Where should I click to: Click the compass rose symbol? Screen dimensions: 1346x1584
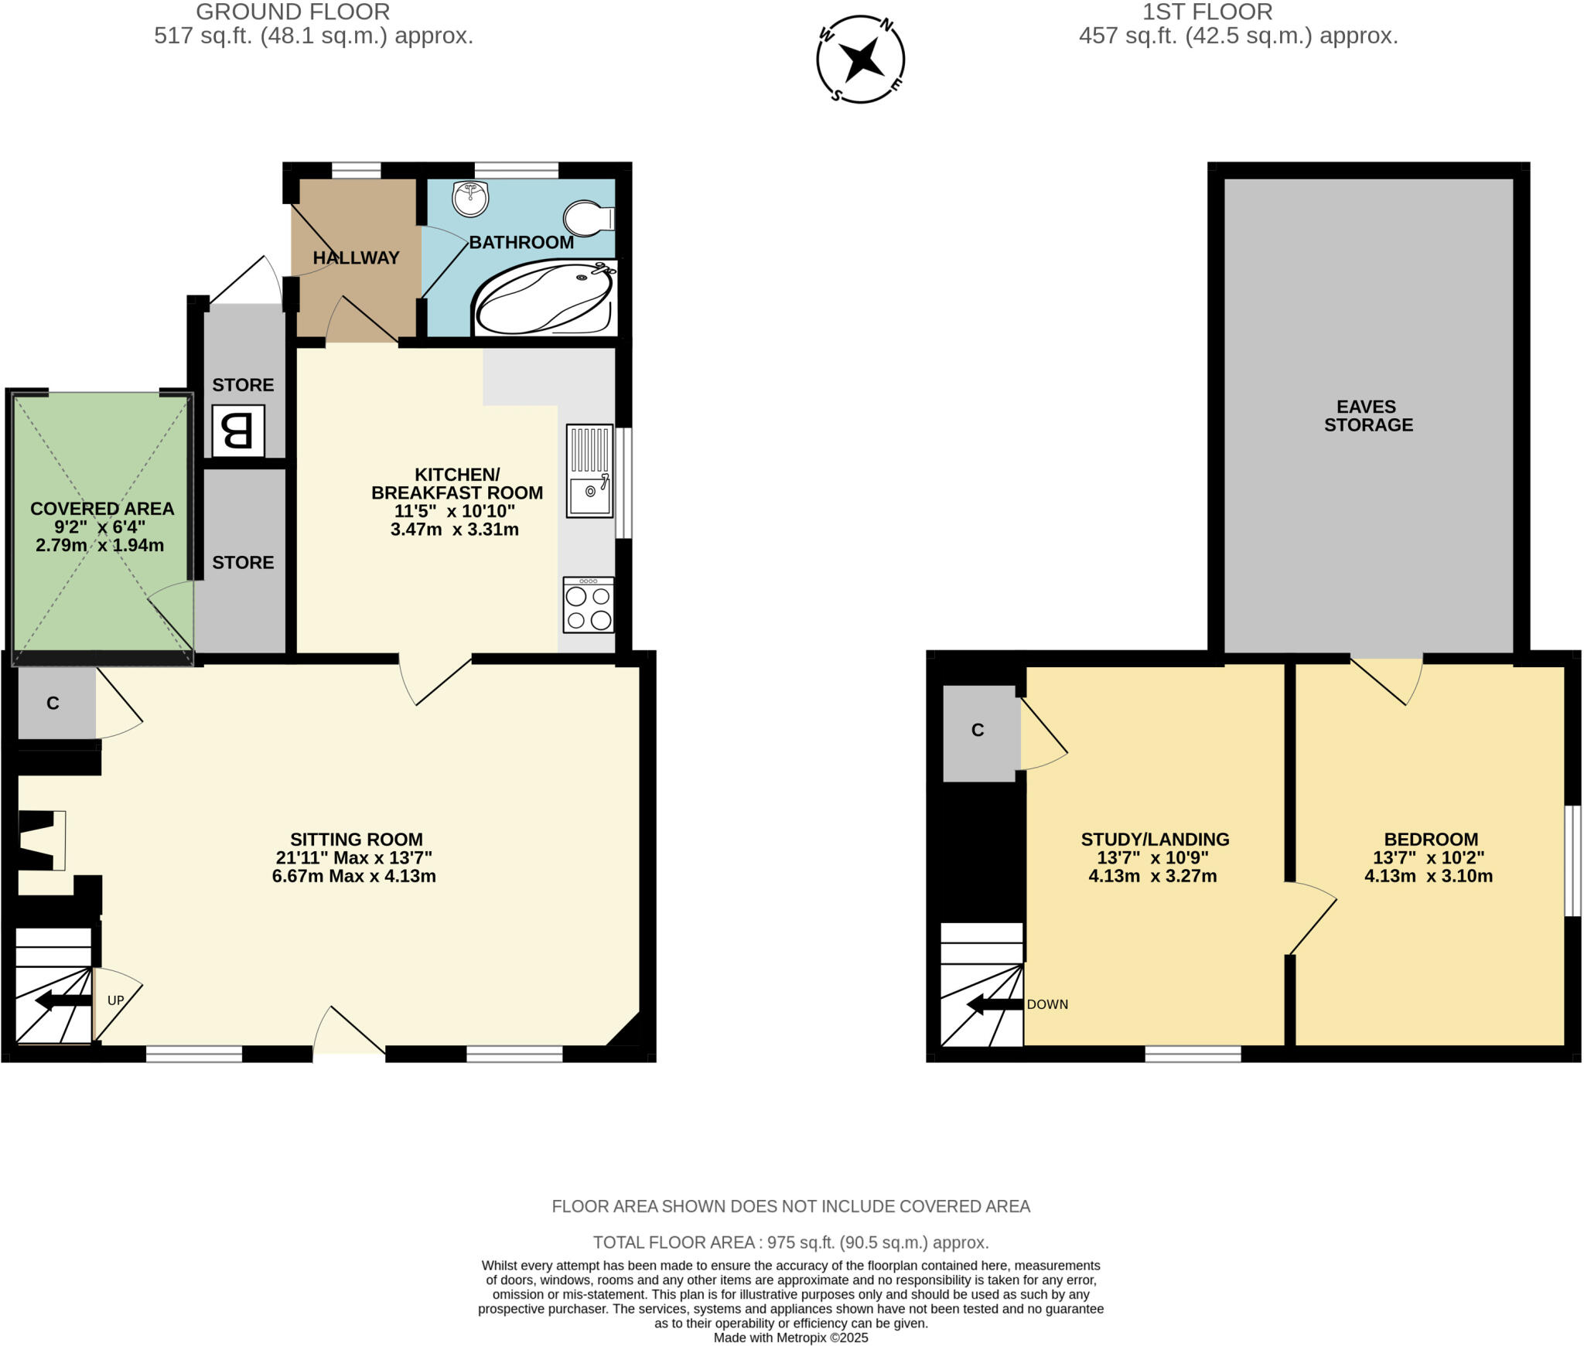pos(860,59)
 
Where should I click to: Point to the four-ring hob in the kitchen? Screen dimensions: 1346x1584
pos(589,605)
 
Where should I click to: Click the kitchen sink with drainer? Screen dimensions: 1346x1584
pos(589,471)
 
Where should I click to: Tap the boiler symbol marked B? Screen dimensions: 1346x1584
pos(238,431)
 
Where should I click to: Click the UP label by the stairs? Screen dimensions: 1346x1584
pos(115,1000)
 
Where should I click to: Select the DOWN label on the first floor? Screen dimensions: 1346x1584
pos(1047,1004)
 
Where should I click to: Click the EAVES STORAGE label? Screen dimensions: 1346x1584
pos(1368,415)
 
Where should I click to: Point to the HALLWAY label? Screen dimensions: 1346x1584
pos(356,257)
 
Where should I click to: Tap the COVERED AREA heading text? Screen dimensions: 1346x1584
pos(102,509)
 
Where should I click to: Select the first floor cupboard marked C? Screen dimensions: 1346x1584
pos(978,731)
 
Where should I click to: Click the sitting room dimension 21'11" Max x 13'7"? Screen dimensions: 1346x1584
pos(353,857)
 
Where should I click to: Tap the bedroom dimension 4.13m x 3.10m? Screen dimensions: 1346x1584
pos(1428,876)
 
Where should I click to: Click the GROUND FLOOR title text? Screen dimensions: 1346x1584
pos(292,12)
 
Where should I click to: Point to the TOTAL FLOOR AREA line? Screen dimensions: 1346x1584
pos(790,1242)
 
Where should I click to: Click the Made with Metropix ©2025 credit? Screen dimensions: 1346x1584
pos(790,1337)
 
